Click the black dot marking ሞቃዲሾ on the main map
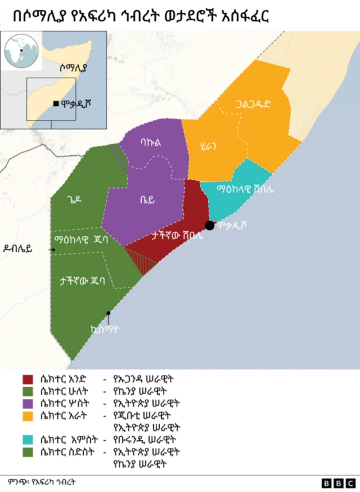(x=209, y=226)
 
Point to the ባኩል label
(x=151, y=143)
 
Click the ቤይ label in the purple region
(x=147, y=199)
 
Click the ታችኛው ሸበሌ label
(x=177, y=236)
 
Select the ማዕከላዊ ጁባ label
(x=81, y=239)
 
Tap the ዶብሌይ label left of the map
(x=25, y=248)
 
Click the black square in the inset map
(x=56, y=103)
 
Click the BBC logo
(x=339, y=483)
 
